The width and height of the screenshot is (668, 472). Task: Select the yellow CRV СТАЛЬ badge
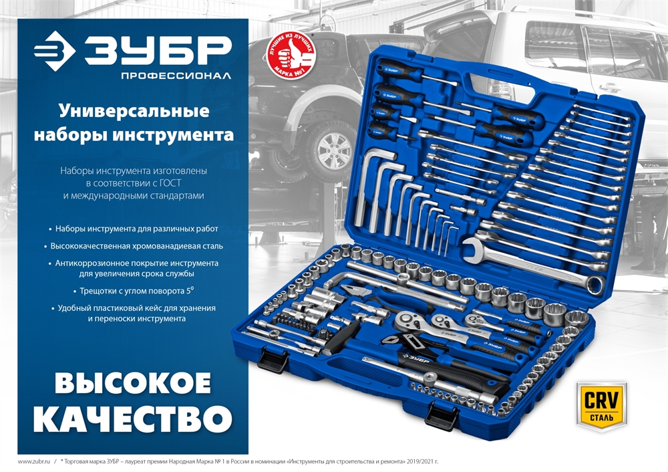point(603,403)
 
